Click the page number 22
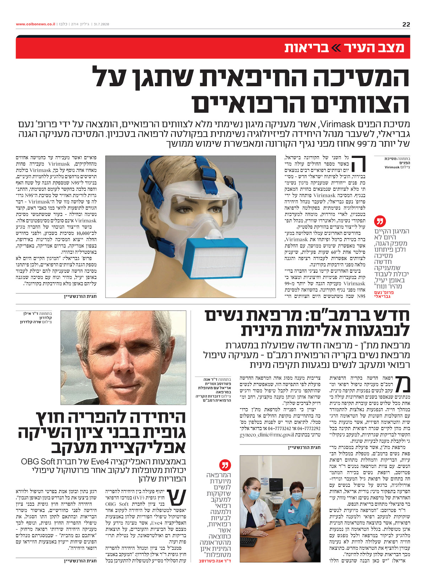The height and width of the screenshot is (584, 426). (406, 24)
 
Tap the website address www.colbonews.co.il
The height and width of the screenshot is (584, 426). (35, 24)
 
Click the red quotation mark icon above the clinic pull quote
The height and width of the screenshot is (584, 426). (225, 465)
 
